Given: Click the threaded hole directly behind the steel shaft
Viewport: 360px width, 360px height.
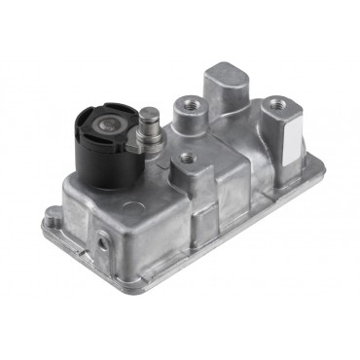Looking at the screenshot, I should [184, 101].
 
